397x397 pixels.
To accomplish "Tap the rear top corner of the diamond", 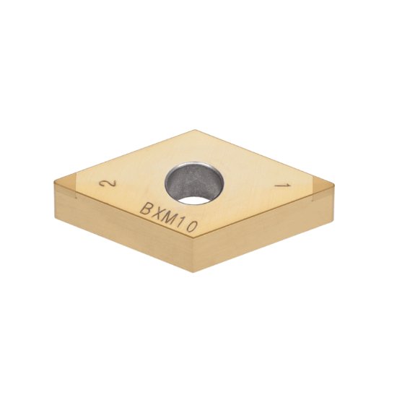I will pos(194,131).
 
